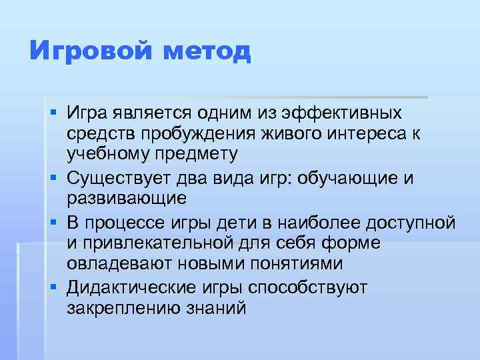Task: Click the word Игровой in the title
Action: pos(85,51)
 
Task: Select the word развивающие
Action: pos(127,199)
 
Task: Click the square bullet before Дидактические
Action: pos(51,287)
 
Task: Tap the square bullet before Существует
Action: pos(51,178)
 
